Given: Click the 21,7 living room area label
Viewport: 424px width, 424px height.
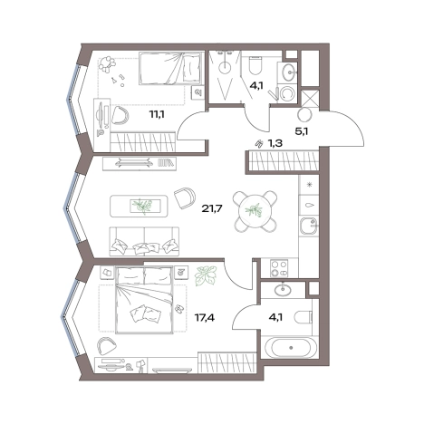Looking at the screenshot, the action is click(x=212, y=208).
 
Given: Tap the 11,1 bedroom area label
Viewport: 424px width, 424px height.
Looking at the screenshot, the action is click(x=157, y=114).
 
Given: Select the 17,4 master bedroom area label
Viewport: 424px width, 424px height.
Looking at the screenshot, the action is click(x=205, y=317).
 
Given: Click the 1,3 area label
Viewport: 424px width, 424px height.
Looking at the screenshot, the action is click(x=275, y=143).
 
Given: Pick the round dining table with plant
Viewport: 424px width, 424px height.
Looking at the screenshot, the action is click(x=255, y=211).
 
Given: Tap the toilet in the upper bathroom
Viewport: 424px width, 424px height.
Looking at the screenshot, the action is click(x=255, y=66).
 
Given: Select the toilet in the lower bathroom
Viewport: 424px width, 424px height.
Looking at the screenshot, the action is click(x=304, y=317).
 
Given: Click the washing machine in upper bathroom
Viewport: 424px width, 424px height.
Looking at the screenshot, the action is click(x=286, y=93).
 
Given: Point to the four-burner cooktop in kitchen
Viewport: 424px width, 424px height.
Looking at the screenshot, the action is click(x=279, y=268).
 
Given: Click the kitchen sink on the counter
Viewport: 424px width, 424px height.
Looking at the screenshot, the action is click(x=309, y=226).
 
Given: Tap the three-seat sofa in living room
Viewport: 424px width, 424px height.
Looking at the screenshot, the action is click(x=144, y=241).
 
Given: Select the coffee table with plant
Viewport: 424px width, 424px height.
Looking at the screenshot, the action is click(x=139, y=206).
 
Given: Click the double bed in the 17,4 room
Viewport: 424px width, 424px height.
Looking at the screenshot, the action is click(x=144, y=300).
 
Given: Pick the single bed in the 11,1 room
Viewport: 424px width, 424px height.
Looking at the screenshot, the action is click(x=170, y=69).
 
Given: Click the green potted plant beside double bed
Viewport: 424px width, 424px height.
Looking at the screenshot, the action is click(x=206, y=275).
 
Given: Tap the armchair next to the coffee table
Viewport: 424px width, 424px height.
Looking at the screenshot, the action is click(x=185, y=198).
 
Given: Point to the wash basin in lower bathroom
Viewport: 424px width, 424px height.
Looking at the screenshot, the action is click(x=283, y=290).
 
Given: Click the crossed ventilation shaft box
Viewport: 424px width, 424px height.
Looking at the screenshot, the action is click(x=311, y=99).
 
